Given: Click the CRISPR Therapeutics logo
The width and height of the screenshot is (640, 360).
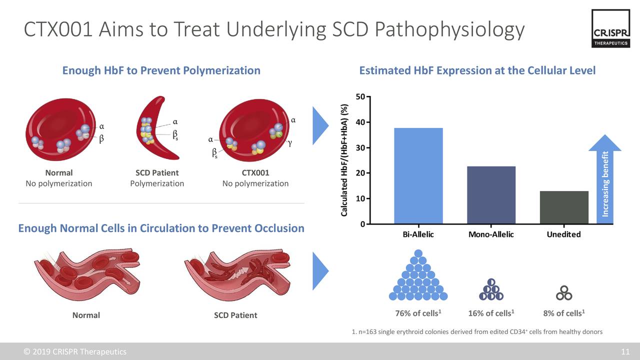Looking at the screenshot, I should click(610, 29).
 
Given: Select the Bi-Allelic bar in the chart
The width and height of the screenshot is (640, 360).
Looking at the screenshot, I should click(418, 175).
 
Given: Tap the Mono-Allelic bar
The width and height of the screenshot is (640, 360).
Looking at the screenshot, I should click(491, 194).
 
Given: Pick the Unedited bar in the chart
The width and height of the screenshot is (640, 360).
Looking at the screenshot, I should click(564, 207).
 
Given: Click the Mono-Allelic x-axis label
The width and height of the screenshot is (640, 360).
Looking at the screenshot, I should click(491, 234).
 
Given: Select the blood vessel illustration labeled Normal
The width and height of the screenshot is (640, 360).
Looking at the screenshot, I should click(86, 274).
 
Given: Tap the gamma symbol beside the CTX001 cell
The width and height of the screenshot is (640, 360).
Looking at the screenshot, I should click(289, 143).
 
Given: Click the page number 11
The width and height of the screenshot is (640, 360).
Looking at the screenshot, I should click(625, 351).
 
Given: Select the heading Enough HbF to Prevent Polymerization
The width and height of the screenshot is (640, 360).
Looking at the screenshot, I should click(161, 70).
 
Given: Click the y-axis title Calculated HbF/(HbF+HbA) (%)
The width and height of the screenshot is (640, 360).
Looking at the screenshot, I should click(344, 160).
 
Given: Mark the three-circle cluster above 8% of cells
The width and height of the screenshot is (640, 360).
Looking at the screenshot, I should click(564, 293).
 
